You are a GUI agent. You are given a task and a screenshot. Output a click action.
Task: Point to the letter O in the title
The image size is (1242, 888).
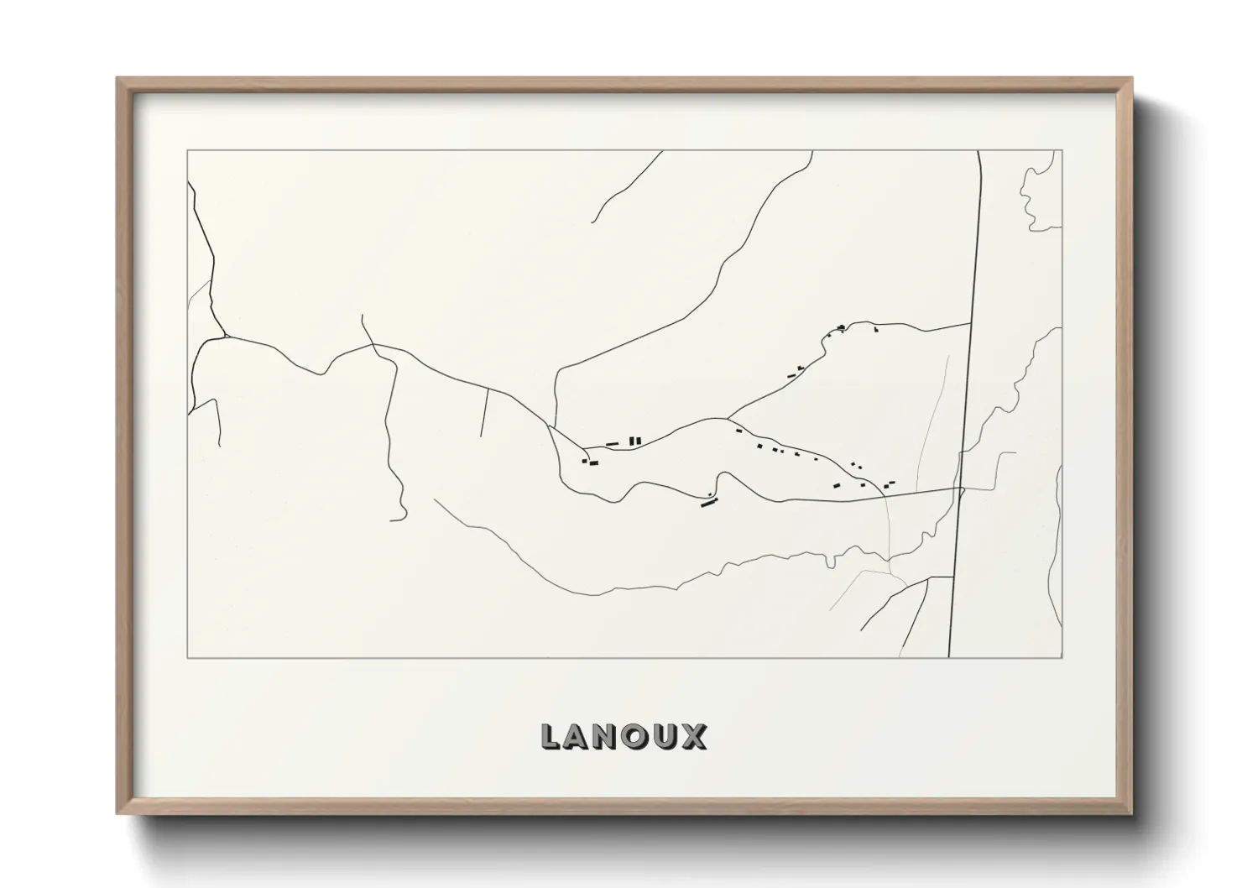click(639, 737)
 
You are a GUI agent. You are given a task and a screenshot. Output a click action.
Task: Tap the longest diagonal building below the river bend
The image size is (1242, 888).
click(711, 503)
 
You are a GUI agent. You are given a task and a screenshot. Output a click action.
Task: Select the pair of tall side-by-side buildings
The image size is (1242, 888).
click(635, 440)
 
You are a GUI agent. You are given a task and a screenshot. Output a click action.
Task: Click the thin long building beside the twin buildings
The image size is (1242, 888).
click(612, 443)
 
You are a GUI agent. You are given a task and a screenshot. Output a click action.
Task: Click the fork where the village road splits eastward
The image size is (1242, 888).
click(727, 417)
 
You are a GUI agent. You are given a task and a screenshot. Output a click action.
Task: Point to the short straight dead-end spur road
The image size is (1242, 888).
click(484, 413)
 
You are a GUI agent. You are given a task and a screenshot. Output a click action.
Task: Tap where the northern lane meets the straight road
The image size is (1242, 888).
click(971, 323)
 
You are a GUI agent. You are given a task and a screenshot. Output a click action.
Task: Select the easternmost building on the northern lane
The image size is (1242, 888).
click(875, 330)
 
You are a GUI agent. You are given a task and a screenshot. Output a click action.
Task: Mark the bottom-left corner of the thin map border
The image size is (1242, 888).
click(187, 658)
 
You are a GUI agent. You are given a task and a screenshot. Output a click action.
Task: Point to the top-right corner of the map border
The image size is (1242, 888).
click(1062, 151)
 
